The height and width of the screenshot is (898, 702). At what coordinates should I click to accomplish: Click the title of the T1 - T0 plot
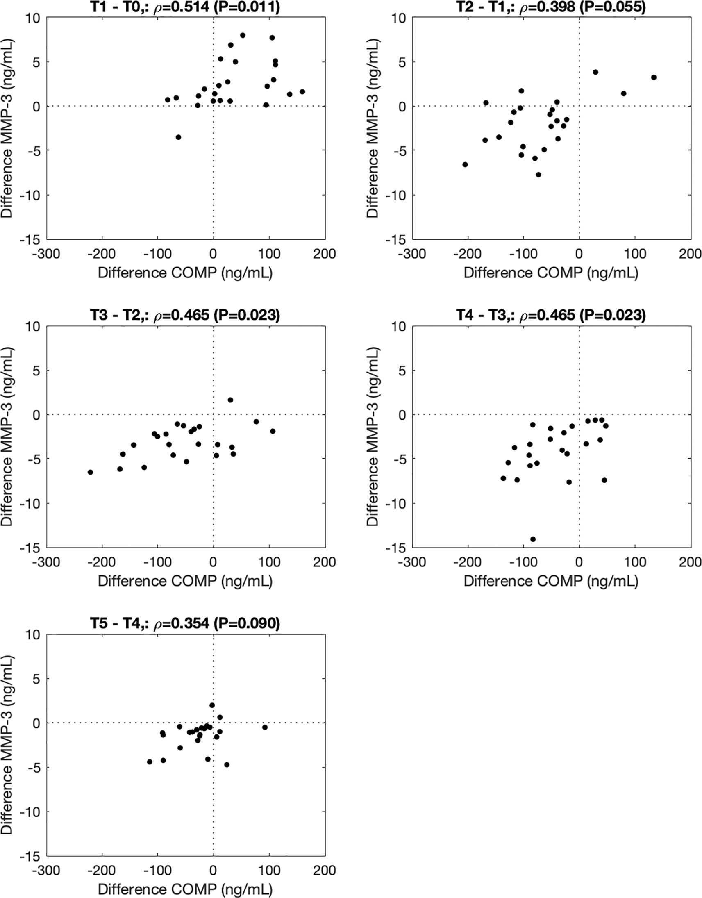point(185,7)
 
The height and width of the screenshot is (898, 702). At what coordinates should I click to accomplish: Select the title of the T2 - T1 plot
point(551,7)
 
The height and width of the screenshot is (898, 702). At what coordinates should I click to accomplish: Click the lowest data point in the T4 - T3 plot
point(533,539)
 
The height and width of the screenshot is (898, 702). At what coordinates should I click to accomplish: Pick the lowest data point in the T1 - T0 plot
point(178,137)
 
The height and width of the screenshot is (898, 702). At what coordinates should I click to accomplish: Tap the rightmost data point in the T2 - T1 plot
point(654,77)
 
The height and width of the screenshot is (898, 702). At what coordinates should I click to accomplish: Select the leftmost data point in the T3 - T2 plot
point(91,472)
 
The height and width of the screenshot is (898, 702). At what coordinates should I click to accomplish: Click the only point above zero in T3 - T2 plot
point(231,400)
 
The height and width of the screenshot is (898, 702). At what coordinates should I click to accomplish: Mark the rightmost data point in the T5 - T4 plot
point(265,727)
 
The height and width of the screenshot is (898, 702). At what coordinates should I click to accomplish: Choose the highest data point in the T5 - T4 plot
point(212,705)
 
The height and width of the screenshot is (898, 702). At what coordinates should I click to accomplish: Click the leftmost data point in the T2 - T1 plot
point(465,164)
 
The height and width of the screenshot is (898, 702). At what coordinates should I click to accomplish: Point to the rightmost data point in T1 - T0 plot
point(302,92)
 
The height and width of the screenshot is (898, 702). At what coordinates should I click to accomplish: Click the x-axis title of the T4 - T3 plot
point(551,581)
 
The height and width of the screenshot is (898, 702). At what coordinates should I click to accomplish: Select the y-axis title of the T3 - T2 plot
point(7,436)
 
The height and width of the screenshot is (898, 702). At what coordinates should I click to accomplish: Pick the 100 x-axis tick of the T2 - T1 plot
point(636,253)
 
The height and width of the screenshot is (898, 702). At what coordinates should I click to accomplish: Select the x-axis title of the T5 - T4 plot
point(185,889)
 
